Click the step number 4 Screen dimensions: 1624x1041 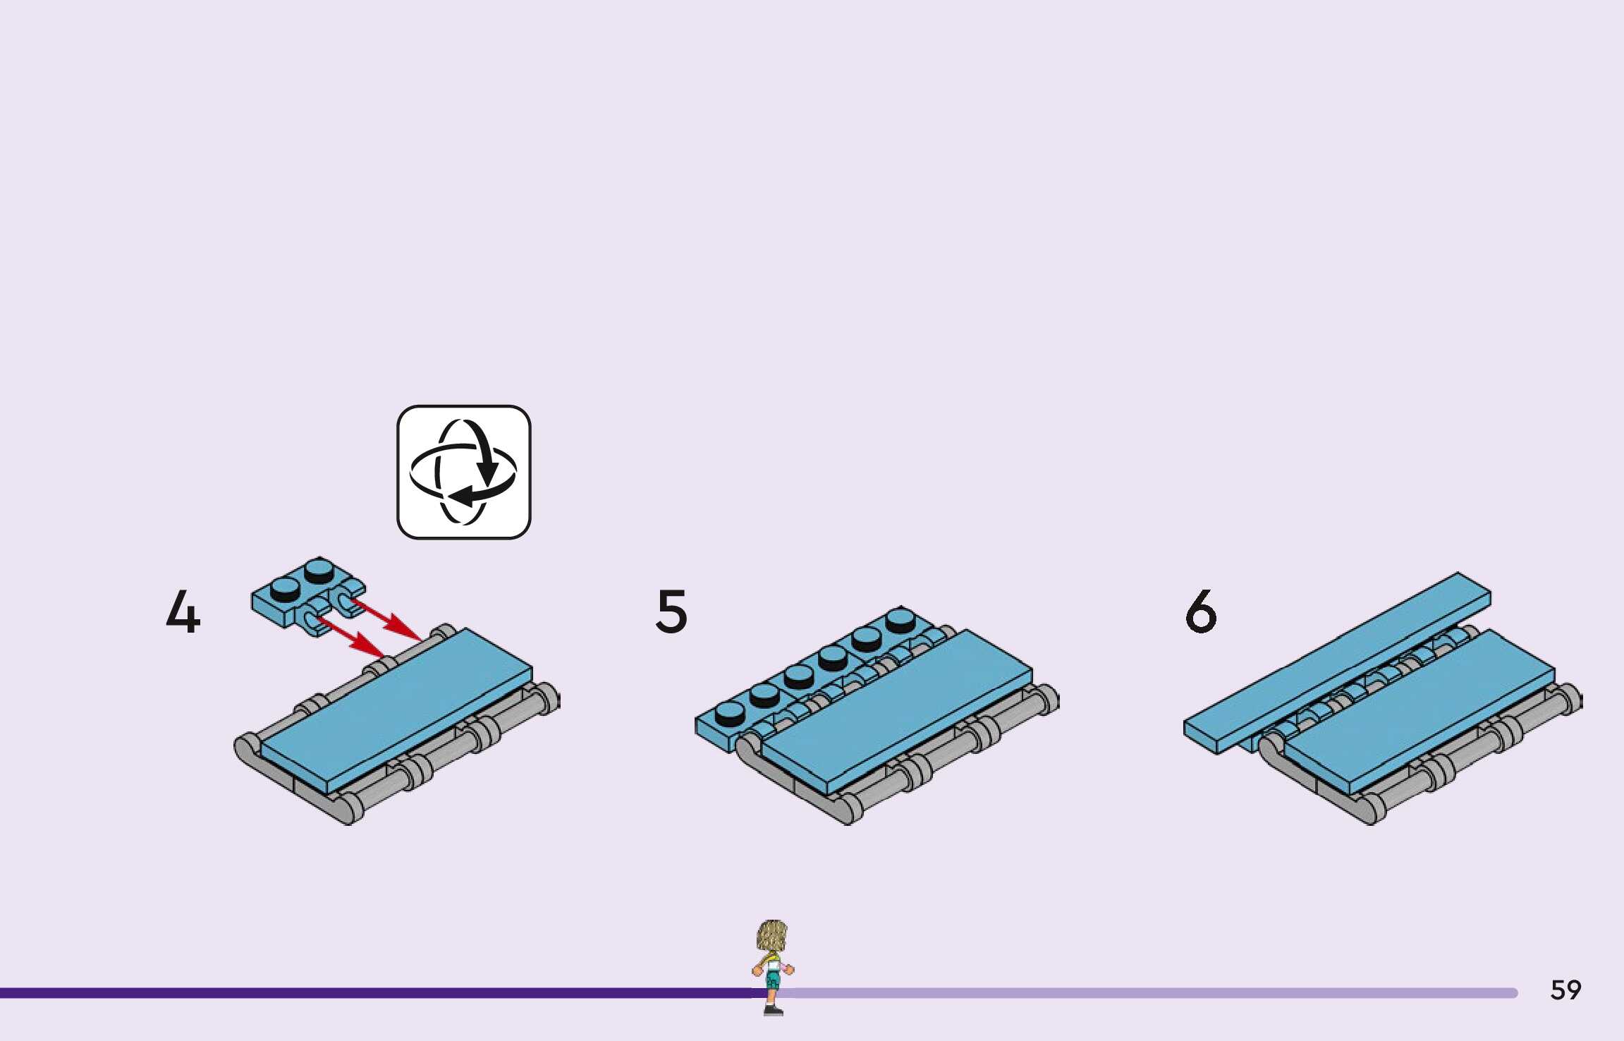(183, 611)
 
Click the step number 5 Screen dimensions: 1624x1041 (671, 611)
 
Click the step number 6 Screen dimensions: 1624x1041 (1201, 611)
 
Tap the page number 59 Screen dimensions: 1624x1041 (1565, 990)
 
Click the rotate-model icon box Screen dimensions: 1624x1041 (463, 472)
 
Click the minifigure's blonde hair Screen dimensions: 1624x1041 (771, 935)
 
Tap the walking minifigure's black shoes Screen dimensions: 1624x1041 (773, 1011)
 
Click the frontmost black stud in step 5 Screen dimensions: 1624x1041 (730, 713)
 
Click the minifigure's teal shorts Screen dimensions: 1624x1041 (774, 980)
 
